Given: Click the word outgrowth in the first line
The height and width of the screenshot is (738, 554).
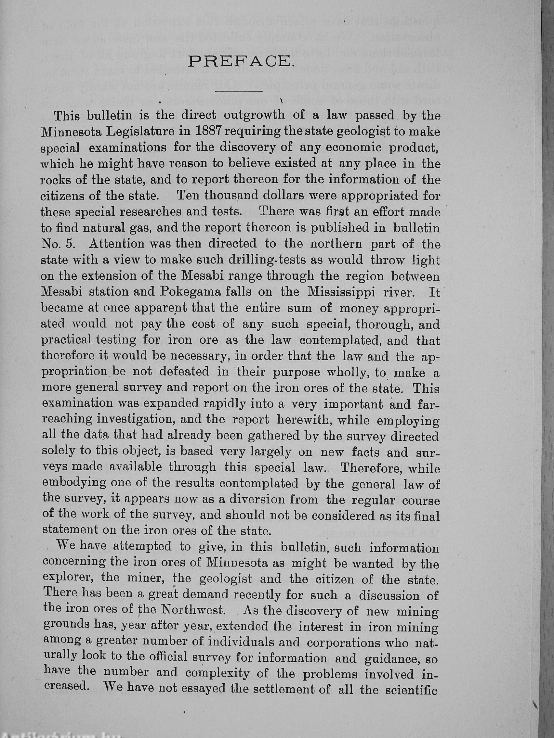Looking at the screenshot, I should (254, 115).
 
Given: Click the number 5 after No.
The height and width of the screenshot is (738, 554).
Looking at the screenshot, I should (70, 244).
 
